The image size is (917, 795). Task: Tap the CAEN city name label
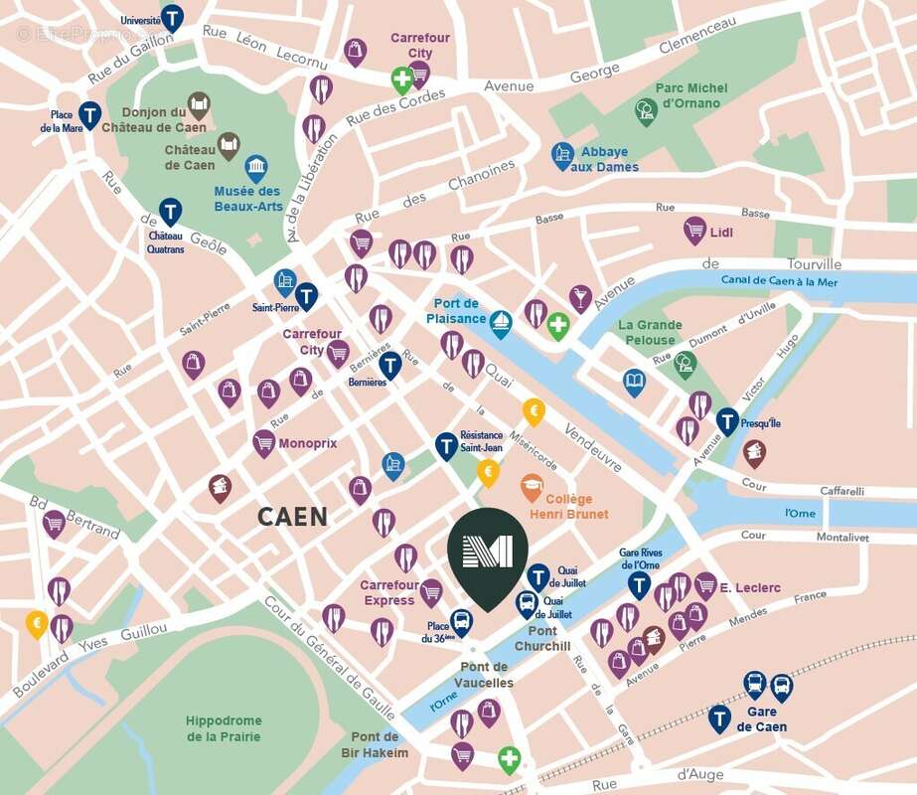click(x=291, y=517)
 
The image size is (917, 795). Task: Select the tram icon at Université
click(x=173, y=17)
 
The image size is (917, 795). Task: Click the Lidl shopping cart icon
click(x=695, y=231)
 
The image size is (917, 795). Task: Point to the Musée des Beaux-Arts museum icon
click(x=256, y=166)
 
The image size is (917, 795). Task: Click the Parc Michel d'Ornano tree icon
click(x=647, y=110)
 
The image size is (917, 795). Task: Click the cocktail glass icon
click(x=580, y=296)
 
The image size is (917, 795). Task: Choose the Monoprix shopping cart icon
click(x=263, y=441)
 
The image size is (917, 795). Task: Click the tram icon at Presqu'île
click(x=728, y=420)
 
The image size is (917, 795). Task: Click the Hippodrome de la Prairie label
click(x=224, y=728)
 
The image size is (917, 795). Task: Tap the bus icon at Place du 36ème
click(x=461, y=622)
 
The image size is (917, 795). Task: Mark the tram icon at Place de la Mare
click(x=90, y=115)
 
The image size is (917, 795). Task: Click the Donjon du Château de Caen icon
click(x=199, y=104)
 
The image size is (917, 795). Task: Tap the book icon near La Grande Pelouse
click(x=634, y=382)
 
